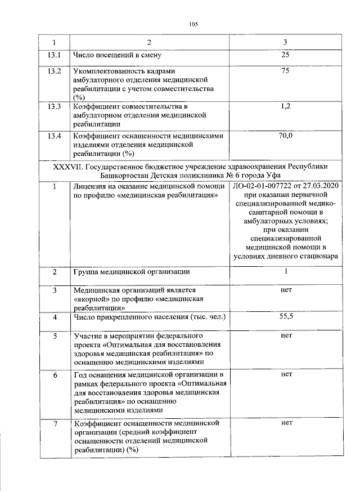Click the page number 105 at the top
pyautogui.click(x=193, y=24)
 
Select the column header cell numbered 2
pyautogui.click(x=149, y=43)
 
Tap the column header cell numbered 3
pyautogui.click(x=285, y=43)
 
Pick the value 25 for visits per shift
pyautogui.click(x=285, y=56)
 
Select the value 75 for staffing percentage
pyautogui.click(x=285, y=71)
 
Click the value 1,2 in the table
pyautogui.click(x=285, y=106)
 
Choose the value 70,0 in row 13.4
pyautogui.click(x=285, y=136)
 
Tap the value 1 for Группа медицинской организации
pyautogui.click(x=285, y=272)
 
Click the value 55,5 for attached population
pyautogui.click(x=285, y=317)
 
